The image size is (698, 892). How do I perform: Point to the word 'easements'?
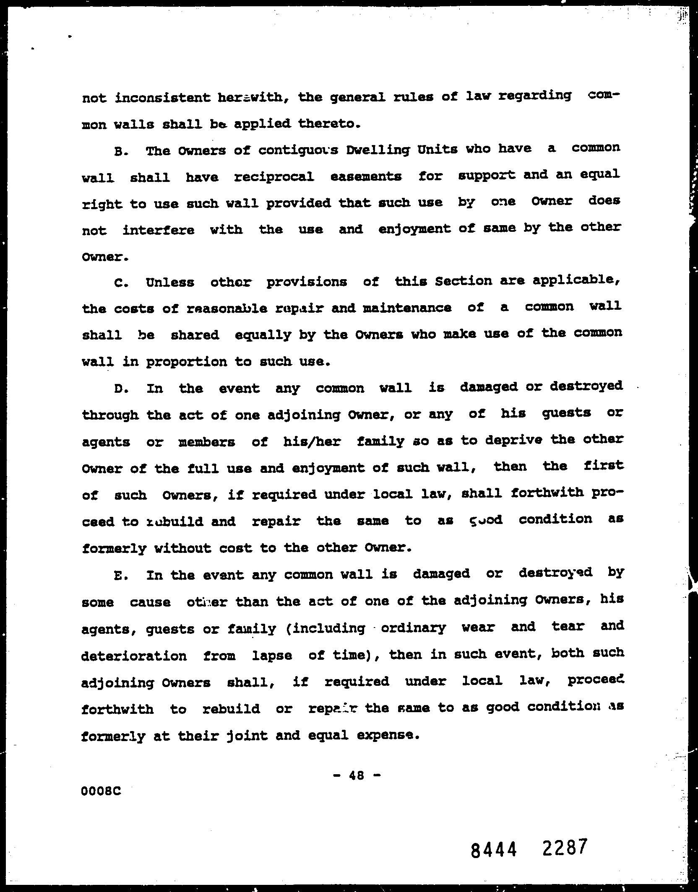366,176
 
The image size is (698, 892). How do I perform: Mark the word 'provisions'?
307,283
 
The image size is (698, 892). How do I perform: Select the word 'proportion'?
186,362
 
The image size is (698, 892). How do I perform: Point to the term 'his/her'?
312,442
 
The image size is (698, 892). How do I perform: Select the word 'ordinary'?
413,628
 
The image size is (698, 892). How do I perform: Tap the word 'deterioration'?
134,656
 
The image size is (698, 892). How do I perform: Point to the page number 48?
357,776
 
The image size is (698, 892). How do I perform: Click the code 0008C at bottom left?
102,791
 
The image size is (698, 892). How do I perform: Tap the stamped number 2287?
563,848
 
